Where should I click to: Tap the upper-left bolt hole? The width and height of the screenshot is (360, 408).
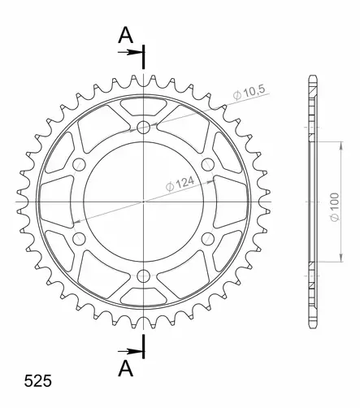pyautogui.click(x=80, y=163)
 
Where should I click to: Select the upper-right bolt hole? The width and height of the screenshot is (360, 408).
pyautogui.click(x=208, y=163)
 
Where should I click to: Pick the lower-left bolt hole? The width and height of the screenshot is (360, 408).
pyautogui.click(x=80, y=237)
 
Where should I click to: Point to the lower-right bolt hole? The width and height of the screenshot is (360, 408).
pyautogui.click(x=208, y=237)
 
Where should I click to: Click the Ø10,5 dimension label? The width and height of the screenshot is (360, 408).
pyautogui.click(x=249, y=93)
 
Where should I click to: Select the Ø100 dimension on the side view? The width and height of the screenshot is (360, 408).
pyautogui.click(x=333, y=200)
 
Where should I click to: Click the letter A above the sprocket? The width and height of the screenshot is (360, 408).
pyautogui.click(x=125, y=34)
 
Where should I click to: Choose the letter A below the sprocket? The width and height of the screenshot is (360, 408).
pyautogui.click(x=125, y=369)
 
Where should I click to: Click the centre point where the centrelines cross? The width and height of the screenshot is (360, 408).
pyautogui.click(x=144, y=200)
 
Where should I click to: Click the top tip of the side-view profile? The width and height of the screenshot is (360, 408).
pyautogui.click(x=311, y=77)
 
